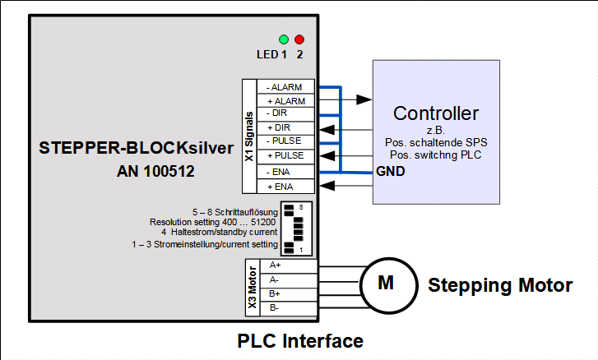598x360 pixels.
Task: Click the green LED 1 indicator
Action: pos(284,39)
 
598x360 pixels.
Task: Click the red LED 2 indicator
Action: pos(299,39)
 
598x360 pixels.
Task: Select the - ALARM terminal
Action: pos(285,87)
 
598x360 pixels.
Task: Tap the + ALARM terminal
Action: pos(285,101)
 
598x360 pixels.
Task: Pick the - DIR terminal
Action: pos(285,113)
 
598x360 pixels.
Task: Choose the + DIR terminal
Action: pos(285,127)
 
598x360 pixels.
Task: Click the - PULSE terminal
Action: pos(285,141)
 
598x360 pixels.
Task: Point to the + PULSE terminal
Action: pos(285,155)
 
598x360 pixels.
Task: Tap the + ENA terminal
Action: pos(285,187)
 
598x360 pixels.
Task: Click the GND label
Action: pos(389,172)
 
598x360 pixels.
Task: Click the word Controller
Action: pos(436,113)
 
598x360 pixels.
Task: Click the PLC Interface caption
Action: pos(300,340)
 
